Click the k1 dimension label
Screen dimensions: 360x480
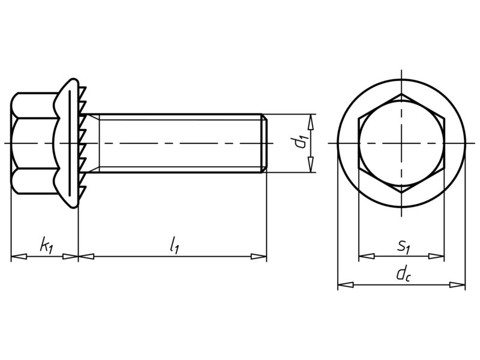[45, 245]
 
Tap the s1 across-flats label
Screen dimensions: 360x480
[403, 245]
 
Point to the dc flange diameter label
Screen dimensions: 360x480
[402, 274]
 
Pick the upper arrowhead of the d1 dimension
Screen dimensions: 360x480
[310, 121]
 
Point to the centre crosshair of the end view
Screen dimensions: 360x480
[401, 144]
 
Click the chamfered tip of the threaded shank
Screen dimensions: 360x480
[263, 143]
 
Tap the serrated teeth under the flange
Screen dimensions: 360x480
[83, 143]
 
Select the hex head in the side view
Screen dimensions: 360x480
[33, 143]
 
